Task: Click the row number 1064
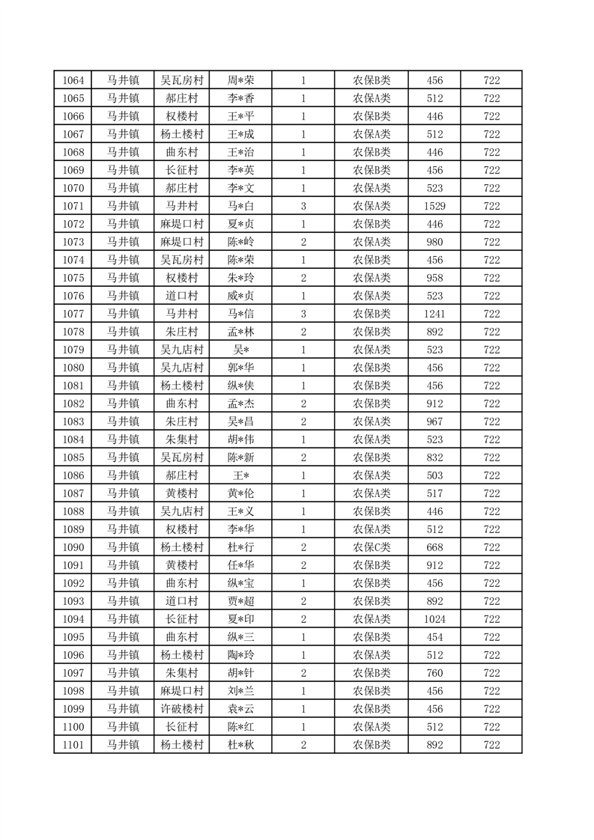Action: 73,80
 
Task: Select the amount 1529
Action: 434,206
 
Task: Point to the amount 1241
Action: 434,314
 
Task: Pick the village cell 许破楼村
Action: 182,709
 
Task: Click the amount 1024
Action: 434,619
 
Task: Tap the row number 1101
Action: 73,745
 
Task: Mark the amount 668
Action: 434,547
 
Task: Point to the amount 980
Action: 434,242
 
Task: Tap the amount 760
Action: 434,673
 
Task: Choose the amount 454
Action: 434,637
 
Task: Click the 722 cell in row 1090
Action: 491,547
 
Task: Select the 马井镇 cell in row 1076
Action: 122,296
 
